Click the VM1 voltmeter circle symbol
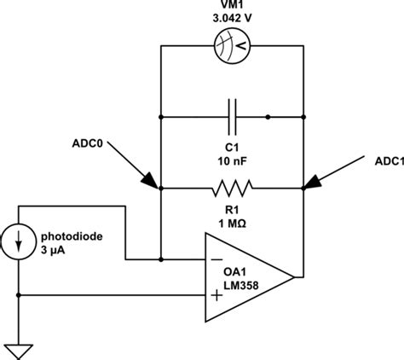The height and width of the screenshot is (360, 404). (232, 48)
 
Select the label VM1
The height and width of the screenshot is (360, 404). (232, 8)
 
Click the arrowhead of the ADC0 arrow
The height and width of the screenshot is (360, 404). (151, 181)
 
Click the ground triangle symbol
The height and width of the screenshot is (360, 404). (19, 350)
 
